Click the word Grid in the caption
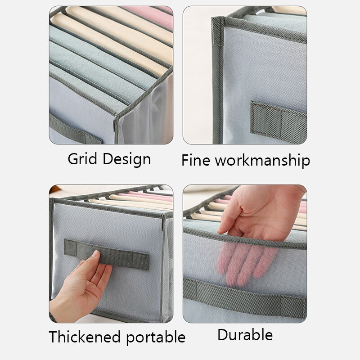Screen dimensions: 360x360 tap(82, 159)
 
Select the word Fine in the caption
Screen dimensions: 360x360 tap(196, 160)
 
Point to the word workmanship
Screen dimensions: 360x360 tap(262, 160)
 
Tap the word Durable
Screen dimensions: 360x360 tap(245, 334)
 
